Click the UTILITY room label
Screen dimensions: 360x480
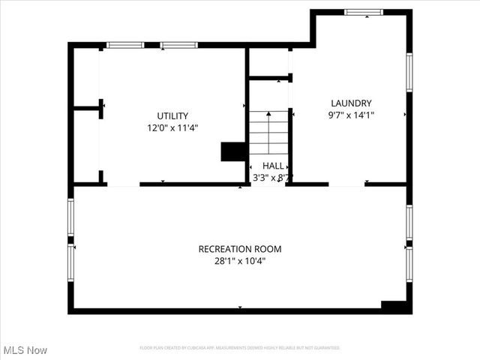click(172, 115)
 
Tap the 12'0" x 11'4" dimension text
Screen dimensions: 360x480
click(172, 128)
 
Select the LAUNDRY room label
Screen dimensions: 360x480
click(351, 103)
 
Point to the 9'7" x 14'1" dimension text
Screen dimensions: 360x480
click(351, 115)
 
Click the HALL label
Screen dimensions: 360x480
click(273, 165)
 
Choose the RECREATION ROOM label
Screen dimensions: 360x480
click(240, 249)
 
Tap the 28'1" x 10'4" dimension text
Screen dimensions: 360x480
click(240, 262)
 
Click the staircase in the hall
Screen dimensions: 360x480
click(268, 132)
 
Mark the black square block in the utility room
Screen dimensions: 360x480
click(233, 151)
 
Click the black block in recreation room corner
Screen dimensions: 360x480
click(394, 306)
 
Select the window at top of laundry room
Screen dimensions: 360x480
click(364, 12)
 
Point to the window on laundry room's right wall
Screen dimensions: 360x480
click(409, 72)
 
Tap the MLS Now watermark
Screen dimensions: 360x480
click(25, 350)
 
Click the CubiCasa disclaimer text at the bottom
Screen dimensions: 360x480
click(240, 348)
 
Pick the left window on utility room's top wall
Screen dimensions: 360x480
click(125, 45)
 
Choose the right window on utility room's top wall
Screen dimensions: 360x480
click(179, 45)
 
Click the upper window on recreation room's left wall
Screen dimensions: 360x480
click(71, 217)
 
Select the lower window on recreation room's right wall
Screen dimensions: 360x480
click(409, 264)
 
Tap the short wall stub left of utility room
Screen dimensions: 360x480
click(88, 108)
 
